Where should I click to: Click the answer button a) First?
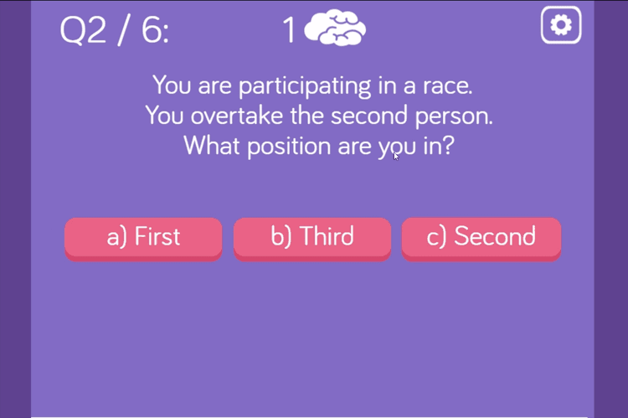point(143,238)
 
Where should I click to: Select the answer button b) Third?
point(312,238)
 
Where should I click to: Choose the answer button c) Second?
point(481,238)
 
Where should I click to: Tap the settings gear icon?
point(561,26)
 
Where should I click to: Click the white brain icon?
point(335,28)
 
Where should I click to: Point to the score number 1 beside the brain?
point(290,31)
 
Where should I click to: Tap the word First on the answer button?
point(157,237)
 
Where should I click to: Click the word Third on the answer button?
point(327,237)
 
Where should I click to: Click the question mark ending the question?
point(449,146)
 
